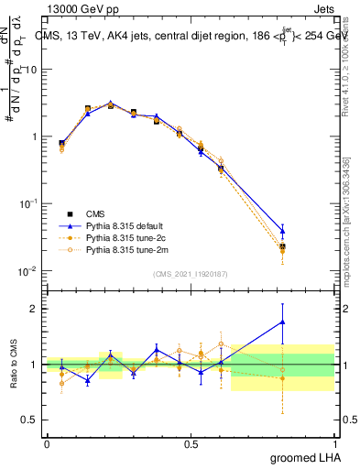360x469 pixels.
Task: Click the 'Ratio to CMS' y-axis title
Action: [15, 364]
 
